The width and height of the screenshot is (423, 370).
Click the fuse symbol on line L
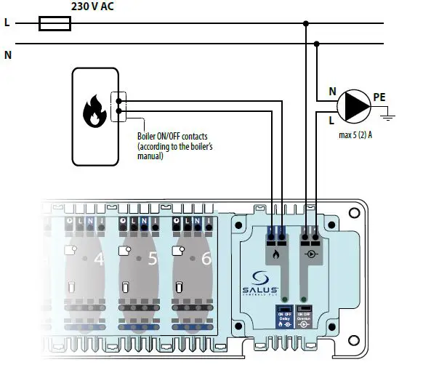coord(55,24)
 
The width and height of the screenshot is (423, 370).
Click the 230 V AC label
coord(92,7)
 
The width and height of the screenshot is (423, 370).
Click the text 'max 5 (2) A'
coord(357,134)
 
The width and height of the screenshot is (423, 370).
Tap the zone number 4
coord(100,257)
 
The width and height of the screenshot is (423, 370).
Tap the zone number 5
coord(153,257)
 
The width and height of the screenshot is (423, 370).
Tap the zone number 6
coord(206,257)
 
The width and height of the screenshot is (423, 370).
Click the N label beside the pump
coord(333,92)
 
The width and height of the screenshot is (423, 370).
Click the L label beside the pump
coord(333,120)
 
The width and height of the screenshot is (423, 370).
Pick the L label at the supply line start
coord(7,23)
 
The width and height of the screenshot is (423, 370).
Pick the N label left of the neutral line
coord(7,55)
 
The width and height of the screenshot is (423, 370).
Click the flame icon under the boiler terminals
coord(276,255)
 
